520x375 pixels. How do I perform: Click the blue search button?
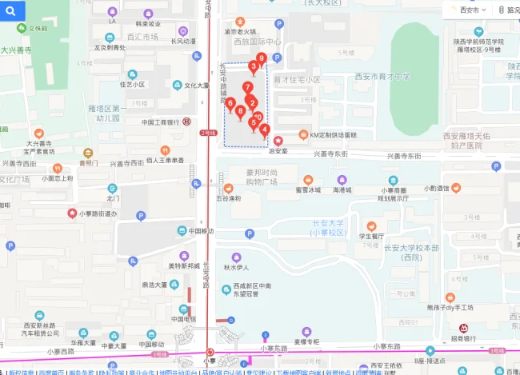pos(14,10)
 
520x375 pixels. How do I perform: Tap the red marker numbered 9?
pos(261,58)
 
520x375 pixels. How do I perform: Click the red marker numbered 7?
pos(248,88)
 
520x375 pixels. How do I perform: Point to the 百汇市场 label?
pos(142,37)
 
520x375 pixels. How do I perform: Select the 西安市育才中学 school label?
pos(382,77)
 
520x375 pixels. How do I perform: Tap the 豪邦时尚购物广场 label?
pos(250,177)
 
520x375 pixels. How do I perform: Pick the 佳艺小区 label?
pos(132,84)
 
